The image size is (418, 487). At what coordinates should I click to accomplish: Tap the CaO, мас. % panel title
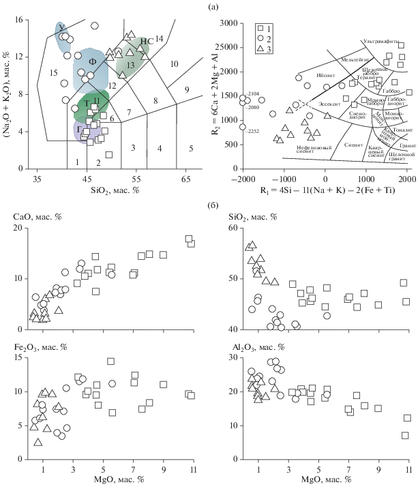coord(35,216)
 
